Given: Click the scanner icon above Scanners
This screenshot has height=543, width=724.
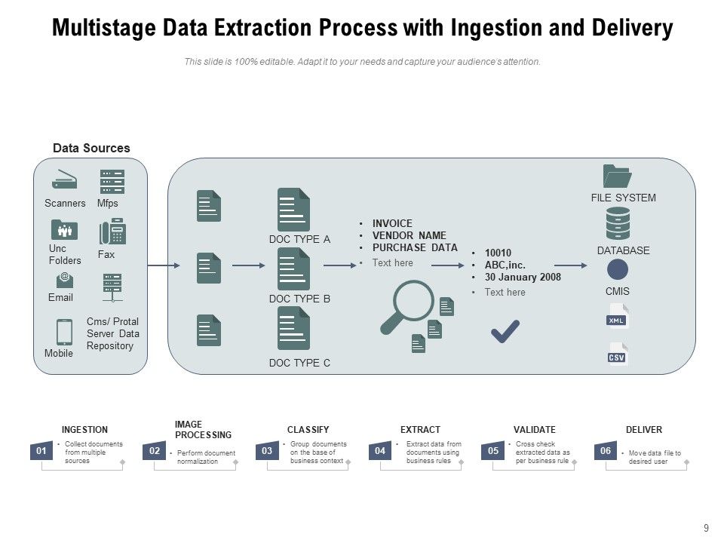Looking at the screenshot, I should pyautogui.click(x=64, y=181).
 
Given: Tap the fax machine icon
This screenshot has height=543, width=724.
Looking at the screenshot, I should pyautogui.click(x=112, y=232).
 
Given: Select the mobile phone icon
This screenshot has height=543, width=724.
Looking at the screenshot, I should pyautogui.click(x=64, y=332).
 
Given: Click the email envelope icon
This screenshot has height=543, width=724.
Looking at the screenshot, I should pyautogui.click(x=65, y=280).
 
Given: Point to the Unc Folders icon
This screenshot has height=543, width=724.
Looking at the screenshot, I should pyautogui.click(x=64, y=229).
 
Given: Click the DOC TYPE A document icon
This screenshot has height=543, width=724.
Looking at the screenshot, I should pyautogui.click(x=293, y=210).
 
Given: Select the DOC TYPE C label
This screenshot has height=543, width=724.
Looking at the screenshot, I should pyautogui.click(x=299, y=363).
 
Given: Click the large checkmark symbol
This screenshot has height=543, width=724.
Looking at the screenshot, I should pyautogui.click(x=505, y=330).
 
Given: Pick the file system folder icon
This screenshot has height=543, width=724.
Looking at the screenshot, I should pyautogui.click(x=617, y=176).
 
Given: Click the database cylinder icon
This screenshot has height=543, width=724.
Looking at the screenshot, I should pyautogui.click(x=618, y=223).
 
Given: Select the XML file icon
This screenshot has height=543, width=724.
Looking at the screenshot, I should pyautogui.click(x=618, y=318).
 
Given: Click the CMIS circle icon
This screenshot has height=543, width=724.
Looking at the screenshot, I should pyautogui.click(x=618, y=270).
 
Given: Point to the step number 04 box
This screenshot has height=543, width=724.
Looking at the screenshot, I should pyautogui.click(x=380, y=451).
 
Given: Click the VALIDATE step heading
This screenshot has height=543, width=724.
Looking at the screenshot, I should pyautogui.click(x=534, y=430).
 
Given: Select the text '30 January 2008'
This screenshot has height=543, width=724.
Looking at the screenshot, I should pyautogui.click(x=523, y=277).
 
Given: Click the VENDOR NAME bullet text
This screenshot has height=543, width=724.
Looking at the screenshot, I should pyautogui.click(x=409, y=235).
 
